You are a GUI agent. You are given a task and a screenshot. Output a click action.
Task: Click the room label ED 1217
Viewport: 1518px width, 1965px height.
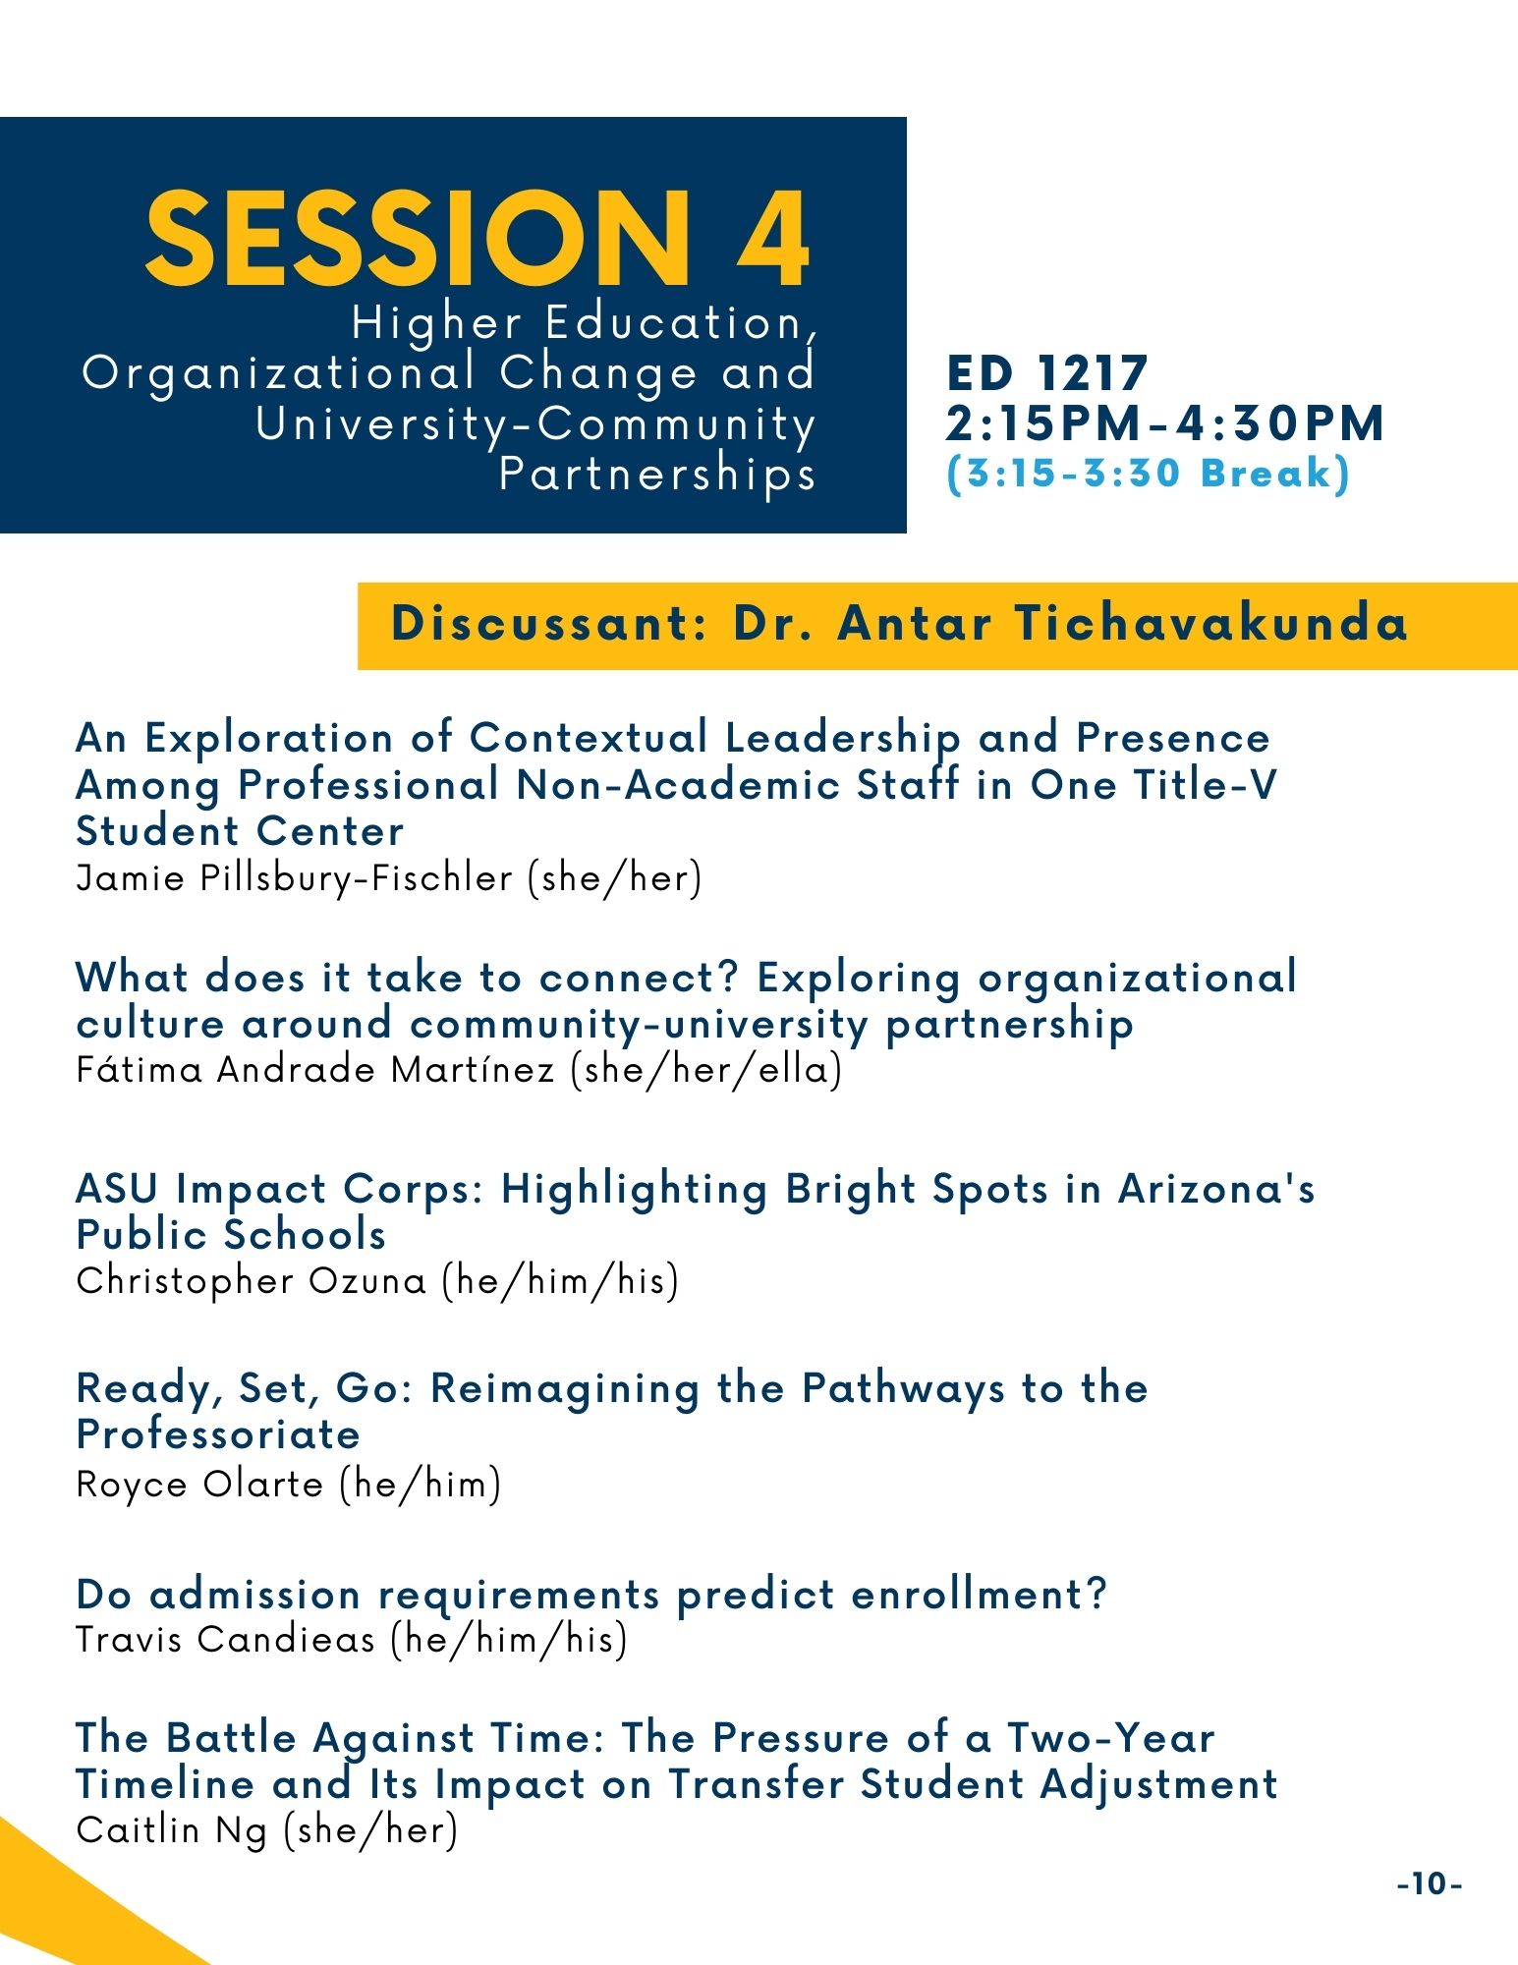1047,374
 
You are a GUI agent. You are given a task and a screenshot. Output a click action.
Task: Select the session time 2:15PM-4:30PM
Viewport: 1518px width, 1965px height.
1165,423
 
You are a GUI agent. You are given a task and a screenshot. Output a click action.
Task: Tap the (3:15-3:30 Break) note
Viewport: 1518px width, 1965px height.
1149,474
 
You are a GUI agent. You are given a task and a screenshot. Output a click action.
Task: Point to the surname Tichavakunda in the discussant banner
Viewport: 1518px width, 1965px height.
1211,623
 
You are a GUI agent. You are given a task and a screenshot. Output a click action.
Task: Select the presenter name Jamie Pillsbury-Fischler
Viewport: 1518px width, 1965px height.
295,877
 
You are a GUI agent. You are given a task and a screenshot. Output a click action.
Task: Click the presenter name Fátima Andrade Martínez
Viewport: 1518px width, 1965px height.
315,1068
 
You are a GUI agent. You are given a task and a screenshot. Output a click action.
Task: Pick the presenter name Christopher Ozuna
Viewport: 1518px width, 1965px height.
252,1280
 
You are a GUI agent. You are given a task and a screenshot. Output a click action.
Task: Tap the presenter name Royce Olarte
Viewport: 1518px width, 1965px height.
199,1484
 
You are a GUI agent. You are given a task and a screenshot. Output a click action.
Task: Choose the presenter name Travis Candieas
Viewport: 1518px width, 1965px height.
226,1639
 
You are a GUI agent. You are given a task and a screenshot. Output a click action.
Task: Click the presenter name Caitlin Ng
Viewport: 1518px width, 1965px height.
172,1829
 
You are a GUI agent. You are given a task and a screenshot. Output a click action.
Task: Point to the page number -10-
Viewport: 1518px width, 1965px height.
1430,1883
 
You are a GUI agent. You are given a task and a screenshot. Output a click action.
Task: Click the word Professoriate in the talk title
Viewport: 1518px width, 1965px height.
218,1434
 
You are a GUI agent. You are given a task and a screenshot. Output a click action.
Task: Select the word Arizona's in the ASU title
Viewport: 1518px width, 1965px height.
1216,1189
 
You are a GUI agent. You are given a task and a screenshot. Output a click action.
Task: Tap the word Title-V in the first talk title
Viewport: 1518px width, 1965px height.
1205,784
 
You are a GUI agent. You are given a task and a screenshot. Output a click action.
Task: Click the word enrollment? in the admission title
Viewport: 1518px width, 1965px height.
979,1594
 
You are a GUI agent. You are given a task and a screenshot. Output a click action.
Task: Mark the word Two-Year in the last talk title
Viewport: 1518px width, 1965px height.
1110,1737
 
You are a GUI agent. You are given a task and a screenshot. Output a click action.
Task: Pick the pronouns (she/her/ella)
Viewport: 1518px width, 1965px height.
706,1069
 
